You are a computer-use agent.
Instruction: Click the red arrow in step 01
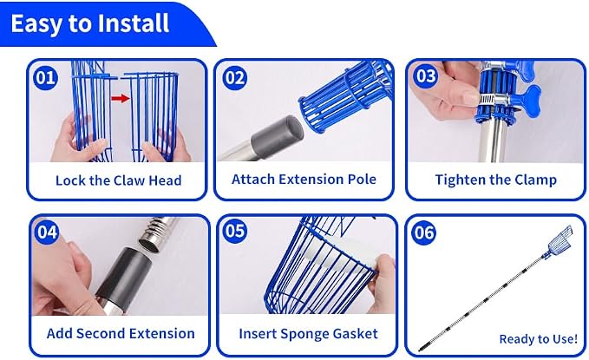click(121, 98)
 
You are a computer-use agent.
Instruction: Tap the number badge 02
click(235, 78)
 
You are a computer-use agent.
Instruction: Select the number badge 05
click(235, 231)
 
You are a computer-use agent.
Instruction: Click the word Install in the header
click(133, 23)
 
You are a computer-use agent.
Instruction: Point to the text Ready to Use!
click(539, 339)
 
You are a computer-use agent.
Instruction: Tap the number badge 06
click(424, 232)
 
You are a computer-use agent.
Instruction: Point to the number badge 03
click(426, 75)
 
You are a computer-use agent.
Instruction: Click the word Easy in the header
click(36, 23)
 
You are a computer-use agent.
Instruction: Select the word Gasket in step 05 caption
click(356, 334)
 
